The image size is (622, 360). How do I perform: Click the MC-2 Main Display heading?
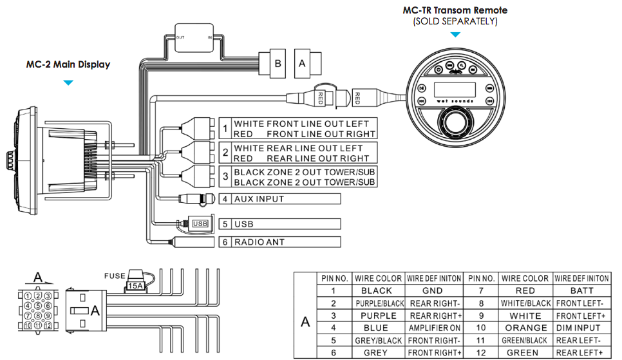click(x=68, y=64)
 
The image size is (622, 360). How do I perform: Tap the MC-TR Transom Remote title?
click(x=455, y=10)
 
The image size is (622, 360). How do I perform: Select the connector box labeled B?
click(x=278, y=64)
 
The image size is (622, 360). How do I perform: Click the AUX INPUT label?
click(x=259, y=199)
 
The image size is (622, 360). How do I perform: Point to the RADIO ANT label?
click(x=259, y=242)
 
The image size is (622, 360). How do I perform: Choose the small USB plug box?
click(x=200, y=223)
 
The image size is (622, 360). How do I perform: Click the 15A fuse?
click(x=136, y=284)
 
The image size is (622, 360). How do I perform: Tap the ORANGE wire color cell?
click(x=525, y=328)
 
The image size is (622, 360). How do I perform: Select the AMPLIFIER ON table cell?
click(x=434, y=328)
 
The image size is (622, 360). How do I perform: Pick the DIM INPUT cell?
click(x=581, y=328)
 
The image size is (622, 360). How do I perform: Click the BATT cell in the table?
click(x=581, y=291)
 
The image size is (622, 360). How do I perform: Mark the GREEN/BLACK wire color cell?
click(x=525, y=340)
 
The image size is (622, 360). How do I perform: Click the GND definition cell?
click(x=434, y=291)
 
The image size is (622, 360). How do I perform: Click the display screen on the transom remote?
click(x=455, y=89)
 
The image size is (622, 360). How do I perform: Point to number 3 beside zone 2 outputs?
click(x=225, y=177)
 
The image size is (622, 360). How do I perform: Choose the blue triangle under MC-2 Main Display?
click(x=68, y=82)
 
